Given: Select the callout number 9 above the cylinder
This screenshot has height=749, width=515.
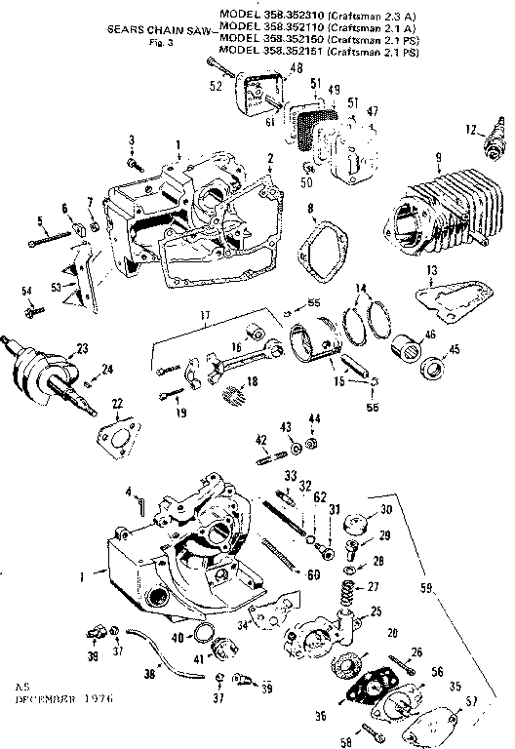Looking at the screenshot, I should (x=439, y=157).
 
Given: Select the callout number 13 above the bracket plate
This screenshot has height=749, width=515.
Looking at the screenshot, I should (x=459, y=269).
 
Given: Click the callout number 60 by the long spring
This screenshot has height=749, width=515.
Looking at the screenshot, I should (x=313, y=576).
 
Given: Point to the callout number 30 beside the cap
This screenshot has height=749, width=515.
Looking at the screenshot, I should (x=384, y=510).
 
